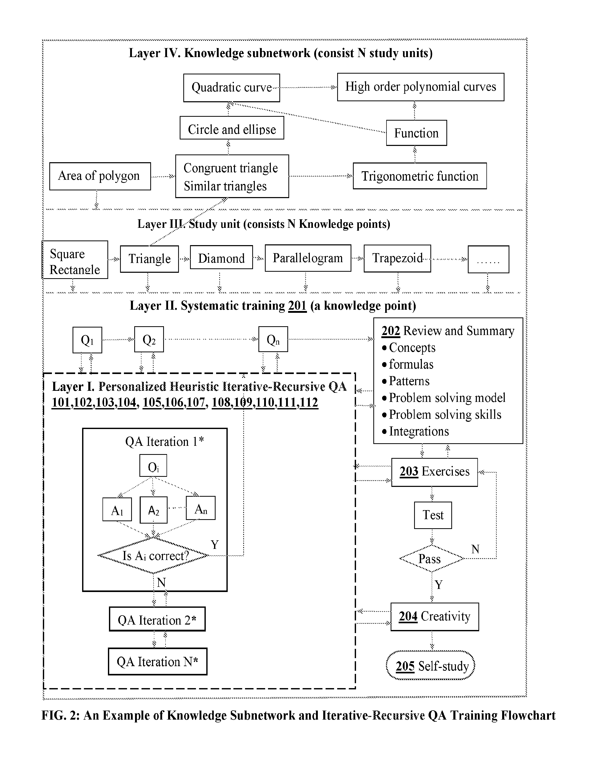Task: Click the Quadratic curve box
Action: [x=232, y=88]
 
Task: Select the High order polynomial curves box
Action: [x=421, y=87]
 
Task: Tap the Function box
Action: [x=416, y=133]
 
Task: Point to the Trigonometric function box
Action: [x=420, y=176]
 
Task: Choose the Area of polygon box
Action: [x=100, y=176]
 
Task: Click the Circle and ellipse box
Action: [x=232, y=128]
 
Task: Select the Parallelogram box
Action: [x=308, y=258]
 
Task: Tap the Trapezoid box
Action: [x=397, y=258]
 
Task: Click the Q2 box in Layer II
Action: [x=149, y=339]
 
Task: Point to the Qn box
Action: [x=273, y=339]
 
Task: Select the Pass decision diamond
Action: [x=432, y=558]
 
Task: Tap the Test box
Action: [x=433, y=515]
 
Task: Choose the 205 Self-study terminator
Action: [x=431, y=666]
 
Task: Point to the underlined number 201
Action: [x=297, y=306]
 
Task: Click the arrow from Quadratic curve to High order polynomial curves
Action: [x=309, y=87]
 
